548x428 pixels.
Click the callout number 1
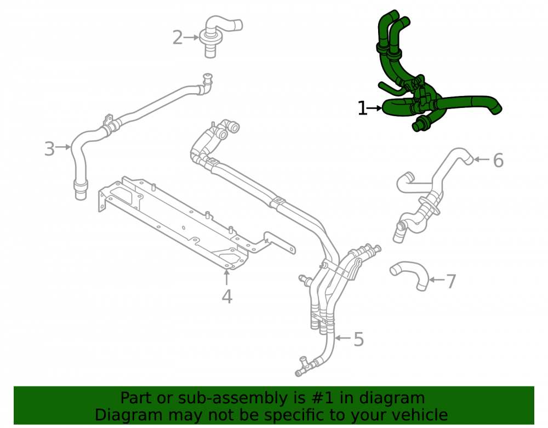[362, 109]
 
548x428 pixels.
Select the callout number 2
[178, 38]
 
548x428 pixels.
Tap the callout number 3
[49, 149]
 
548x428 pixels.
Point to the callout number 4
[227, 296]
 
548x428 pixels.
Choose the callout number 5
[359, 339]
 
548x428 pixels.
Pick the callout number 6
[498, 161]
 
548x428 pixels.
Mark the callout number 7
[451, 282]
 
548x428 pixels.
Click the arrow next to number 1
[375, 109]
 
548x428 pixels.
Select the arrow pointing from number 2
[191, 37]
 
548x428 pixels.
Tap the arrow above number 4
[227, 277]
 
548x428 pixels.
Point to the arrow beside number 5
[343, 338]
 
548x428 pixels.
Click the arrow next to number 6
[482, 159]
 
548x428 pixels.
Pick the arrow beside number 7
[437, 280]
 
